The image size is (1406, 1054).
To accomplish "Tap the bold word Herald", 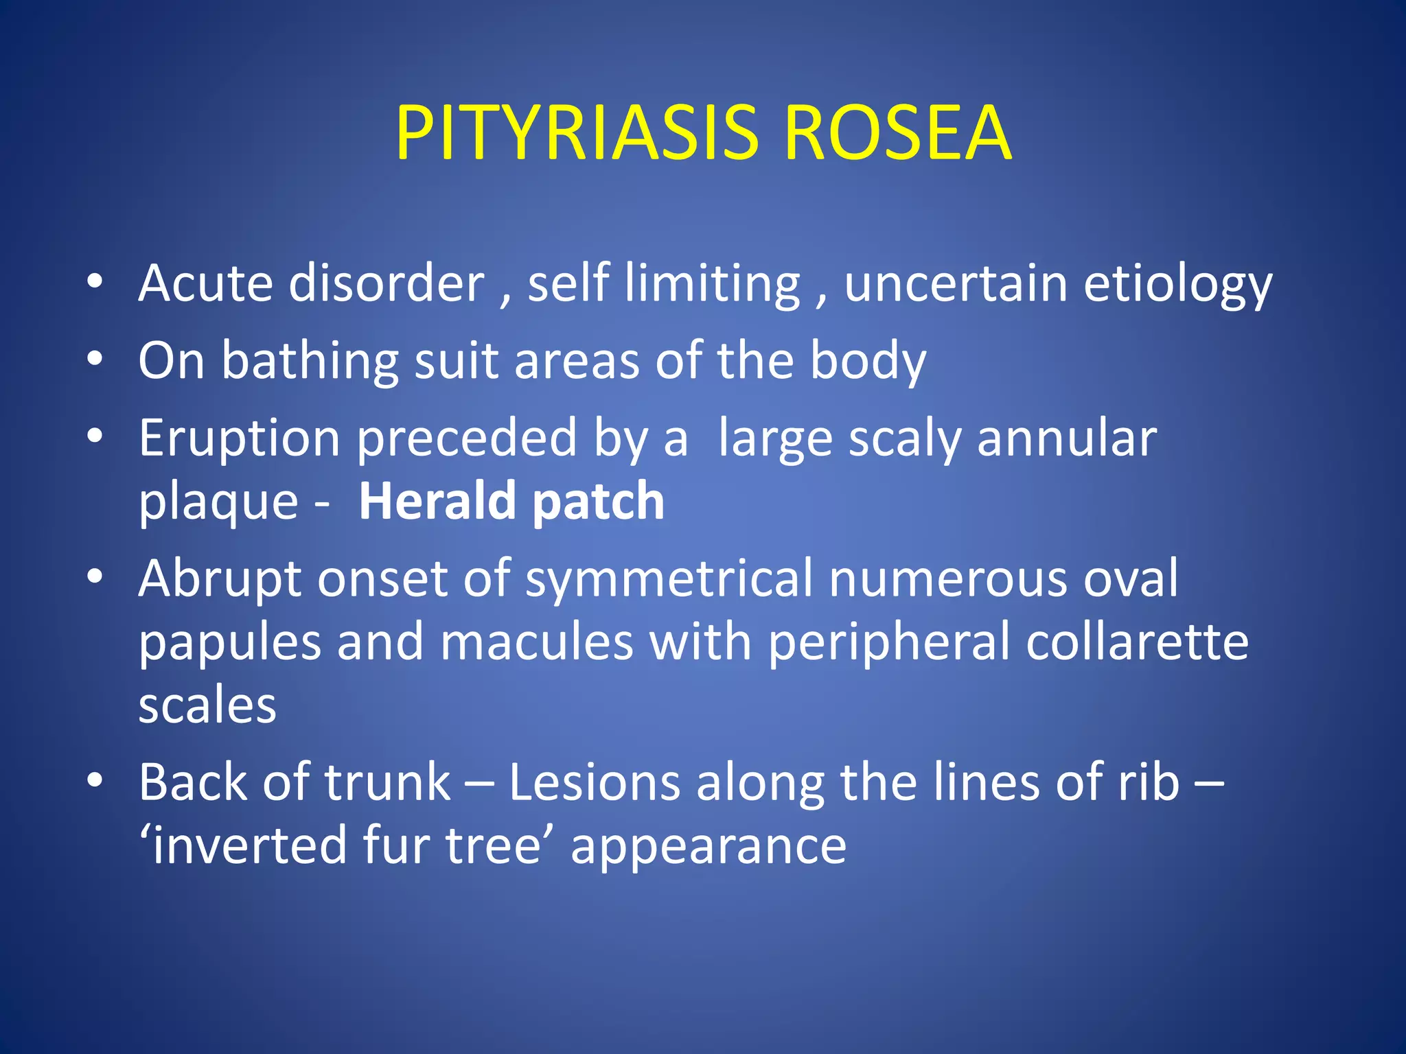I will click(437, 501).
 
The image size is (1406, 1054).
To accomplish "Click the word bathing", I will click(310, 362).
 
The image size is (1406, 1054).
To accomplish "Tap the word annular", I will click(1067, 439).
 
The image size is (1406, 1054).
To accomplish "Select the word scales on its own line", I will click(207, 706).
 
